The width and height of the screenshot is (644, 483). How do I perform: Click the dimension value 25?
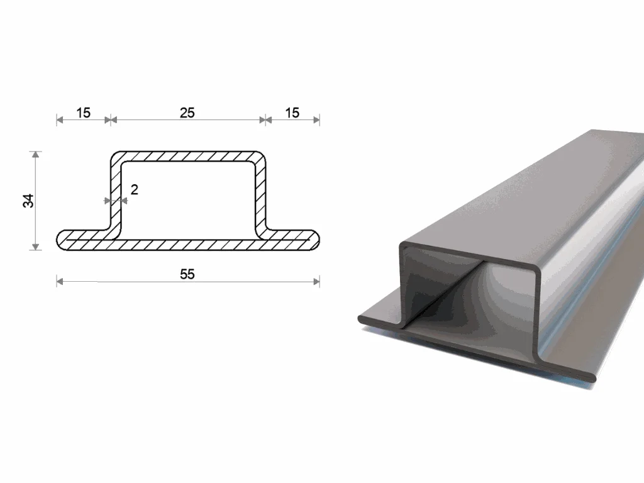click(187, 113)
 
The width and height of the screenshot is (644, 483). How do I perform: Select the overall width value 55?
click(187, 274)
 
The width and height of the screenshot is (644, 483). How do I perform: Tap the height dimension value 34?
click(28, 201)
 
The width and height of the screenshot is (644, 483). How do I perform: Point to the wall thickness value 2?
click(135, 189)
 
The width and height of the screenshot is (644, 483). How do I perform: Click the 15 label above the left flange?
click(83, 113)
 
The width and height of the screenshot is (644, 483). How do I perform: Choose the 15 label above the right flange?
click(292, 113)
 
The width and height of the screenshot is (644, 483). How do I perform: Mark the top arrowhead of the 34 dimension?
click(36, 155)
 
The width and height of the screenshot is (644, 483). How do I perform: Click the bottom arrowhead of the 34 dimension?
click(36, 247)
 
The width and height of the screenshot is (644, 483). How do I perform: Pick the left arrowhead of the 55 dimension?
click(60, 281)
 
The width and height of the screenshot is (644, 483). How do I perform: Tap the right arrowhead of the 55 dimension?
click(316, 281)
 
